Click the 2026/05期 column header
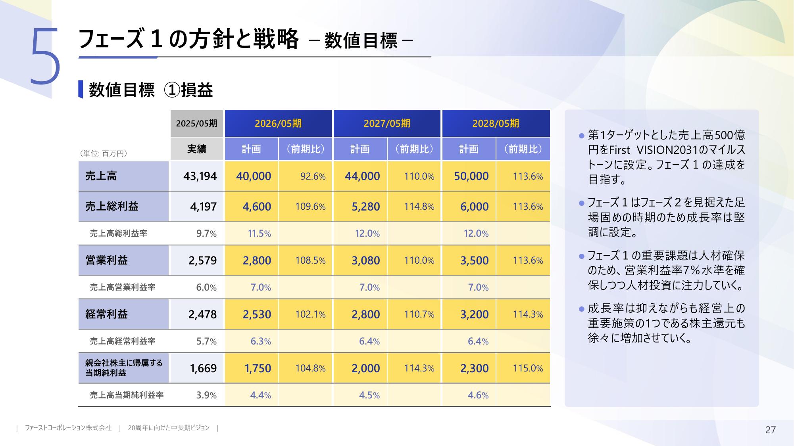point(278,123)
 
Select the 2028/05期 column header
point(496,123)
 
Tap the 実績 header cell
point(197,149)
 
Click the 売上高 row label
point(101,176)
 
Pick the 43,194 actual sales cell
point(200,176)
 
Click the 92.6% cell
point(313,176)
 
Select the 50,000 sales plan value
point(471,176)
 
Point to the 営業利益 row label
point(107,260)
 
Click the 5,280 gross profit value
point(365,207)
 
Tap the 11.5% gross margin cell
point(259,234)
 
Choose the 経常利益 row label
point(107,314)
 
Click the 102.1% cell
point(310,314)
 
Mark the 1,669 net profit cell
point(203,368)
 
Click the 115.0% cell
point(528,368)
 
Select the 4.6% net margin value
point(478,395)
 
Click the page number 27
point(770,430)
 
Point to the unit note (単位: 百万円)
point(104,153)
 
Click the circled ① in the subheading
point(172,90)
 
